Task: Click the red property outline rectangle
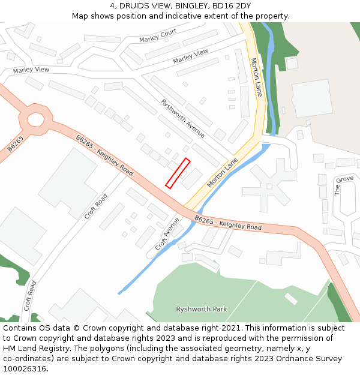[x=178, y=173]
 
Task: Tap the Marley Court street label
[x=158, y=35]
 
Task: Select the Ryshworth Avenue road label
[x=183, y=118]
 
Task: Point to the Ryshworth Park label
[x=202, y=309]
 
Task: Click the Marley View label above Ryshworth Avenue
[x=191, y=56]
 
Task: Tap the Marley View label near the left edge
[x=31, y=70]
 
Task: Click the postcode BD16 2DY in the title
[x=231, y=6]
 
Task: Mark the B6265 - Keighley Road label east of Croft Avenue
[x=228, y=224]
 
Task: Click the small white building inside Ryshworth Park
[x=290, y=298]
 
